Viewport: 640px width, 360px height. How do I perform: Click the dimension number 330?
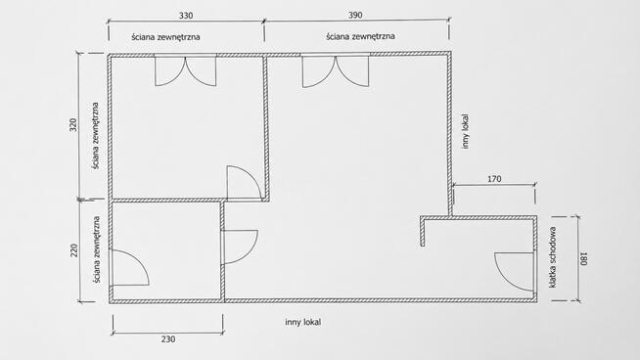pyautogui.click(x=186, y=16)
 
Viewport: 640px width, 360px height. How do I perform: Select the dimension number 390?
pyautogui.click(x=355, y=15)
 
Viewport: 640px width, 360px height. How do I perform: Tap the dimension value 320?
pyautogui.click(x=73, y=125)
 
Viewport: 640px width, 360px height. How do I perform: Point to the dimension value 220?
pyautogui.click(x=73, y=250)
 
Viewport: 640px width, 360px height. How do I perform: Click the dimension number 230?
pyautogui.click(x=168, y=339)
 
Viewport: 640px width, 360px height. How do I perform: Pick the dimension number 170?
pyautogui.click(x=494, y=179)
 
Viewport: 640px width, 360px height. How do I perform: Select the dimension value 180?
pyautogui.click(x=584, y=259)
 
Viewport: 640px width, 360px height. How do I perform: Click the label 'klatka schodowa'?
pyautogui.click(x=553, y=257)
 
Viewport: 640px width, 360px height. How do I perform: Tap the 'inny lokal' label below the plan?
pyautogui.click(x=302, y=322)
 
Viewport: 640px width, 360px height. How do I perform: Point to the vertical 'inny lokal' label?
pyautogui.click(x=466, y=131)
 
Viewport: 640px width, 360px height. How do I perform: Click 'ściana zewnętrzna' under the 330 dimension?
pyautogui.click(x=165, y=37)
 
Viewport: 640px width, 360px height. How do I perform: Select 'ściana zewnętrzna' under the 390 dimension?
pyautogui.click(x=360, y=36)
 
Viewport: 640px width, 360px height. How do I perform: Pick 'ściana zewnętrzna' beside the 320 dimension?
pyautogui.click(x=96, y=136)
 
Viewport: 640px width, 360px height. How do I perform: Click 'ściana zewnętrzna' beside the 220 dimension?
pyautogui.click(x=96, y=249)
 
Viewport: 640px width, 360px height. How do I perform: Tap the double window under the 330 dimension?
pyautogui.click(x=185, y=70)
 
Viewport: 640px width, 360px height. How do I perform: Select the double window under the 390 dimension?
pyautogui.click(x=336, y=70)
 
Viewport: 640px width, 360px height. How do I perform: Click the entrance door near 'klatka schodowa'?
pyautogui.click(x=515, y=271)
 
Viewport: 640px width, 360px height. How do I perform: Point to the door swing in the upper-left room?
pyautogui.click(x=244, y=183)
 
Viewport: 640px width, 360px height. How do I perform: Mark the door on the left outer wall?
pyautogui.click(x=130, y=268)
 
